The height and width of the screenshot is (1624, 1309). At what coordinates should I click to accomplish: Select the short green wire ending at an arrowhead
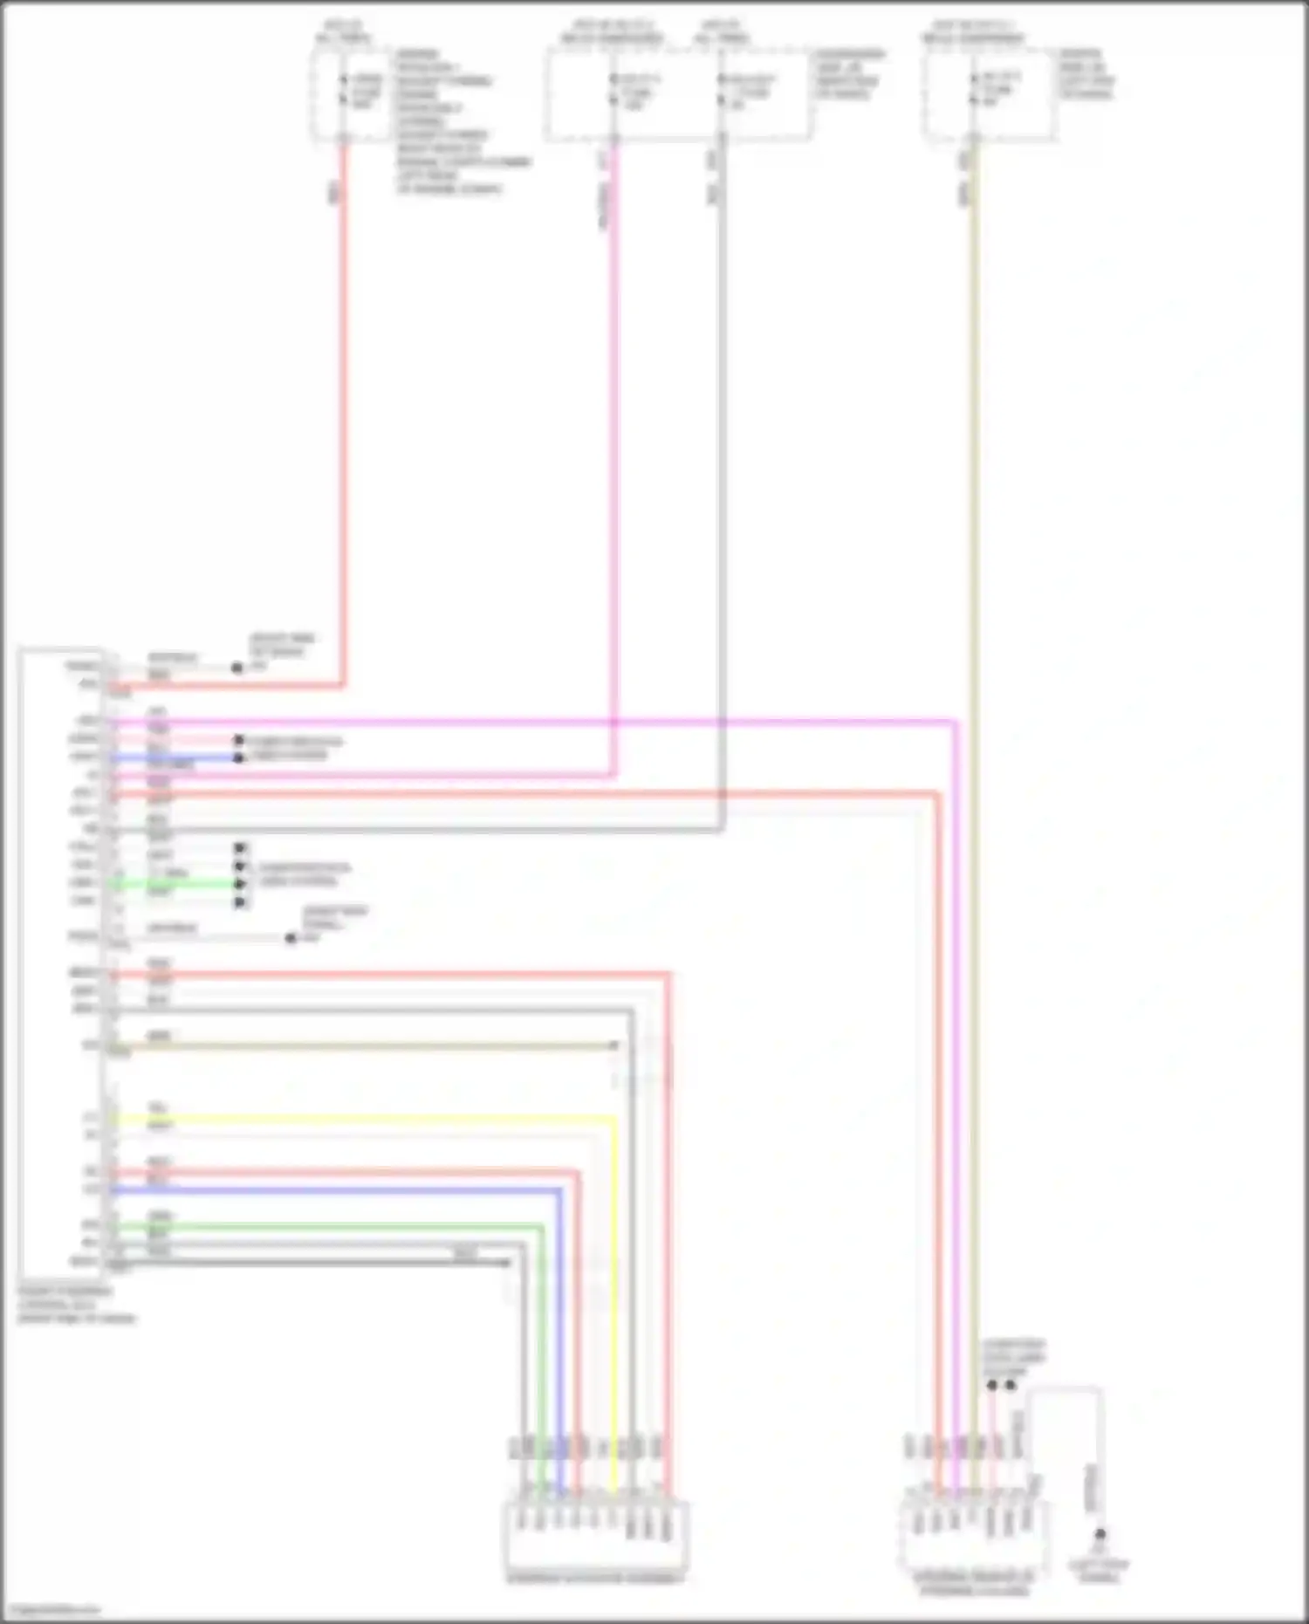click(x=175, y=884)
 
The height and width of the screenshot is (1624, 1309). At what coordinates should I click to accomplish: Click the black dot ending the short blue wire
click(x=239, y=757)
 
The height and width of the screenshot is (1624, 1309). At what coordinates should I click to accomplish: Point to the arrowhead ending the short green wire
click(x=240, y=884)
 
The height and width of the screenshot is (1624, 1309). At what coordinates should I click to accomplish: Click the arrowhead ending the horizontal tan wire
click(x=614, y=1045)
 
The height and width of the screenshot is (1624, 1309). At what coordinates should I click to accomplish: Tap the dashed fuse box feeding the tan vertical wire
click(x=991, y=94)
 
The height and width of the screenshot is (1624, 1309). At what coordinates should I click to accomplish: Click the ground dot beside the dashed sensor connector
click(x=1100, y=1533)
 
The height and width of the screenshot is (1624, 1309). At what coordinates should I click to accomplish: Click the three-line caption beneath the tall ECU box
click(x=77, y=1304)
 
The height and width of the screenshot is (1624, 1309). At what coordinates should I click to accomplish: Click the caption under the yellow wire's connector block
click(x=596, y=1578)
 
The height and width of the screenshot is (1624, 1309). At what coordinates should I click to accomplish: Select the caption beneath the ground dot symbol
click(x=1100, y=1570)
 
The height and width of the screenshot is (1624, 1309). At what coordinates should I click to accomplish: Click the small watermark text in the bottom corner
click(x=52, y=1609)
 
